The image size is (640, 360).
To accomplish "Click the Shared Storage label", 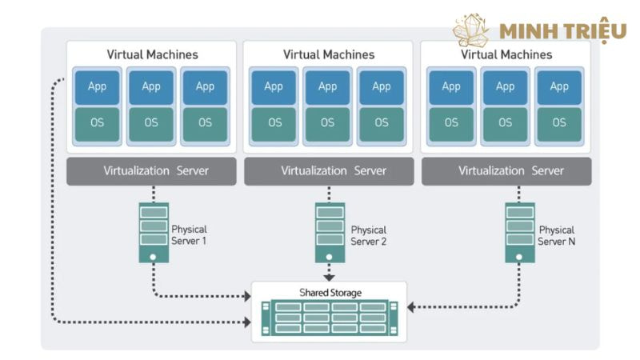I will pos(330,293).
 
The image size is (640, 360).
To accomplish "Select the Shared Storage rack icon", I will pos(329,318).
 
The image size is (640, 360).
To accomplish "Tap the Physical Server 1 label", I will pos(190,234).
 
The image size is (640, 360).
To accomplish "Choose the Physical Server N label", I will pos(556,235).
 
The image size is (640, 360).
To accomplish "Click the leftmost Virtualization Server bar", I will pos(151,171).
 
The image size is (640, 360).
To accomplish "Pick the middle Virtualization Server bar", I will pos(329,171).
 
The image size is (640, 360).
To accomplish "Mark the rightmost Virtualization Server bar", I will pos(506,171).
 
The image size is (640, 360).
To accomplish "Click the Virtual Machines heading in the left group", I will pos(152,55).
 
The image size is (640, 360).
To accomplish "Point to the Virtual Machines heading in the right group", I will pos(506,55).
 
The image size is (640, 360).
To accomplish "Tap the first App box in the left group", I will pos(97,86).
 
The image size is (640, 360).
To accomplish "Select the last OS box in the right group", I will pos(558,122).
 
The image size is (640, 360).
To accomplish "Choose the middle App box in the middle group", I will pos(328,86).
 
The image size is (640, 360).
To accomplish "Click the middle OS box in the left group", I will pos(151,122).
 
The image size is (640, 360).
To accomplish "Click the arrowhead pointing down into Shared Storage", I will pos(329,277).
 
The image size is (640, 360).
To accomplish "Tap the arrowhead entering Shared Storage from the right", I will pos(411,306).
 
